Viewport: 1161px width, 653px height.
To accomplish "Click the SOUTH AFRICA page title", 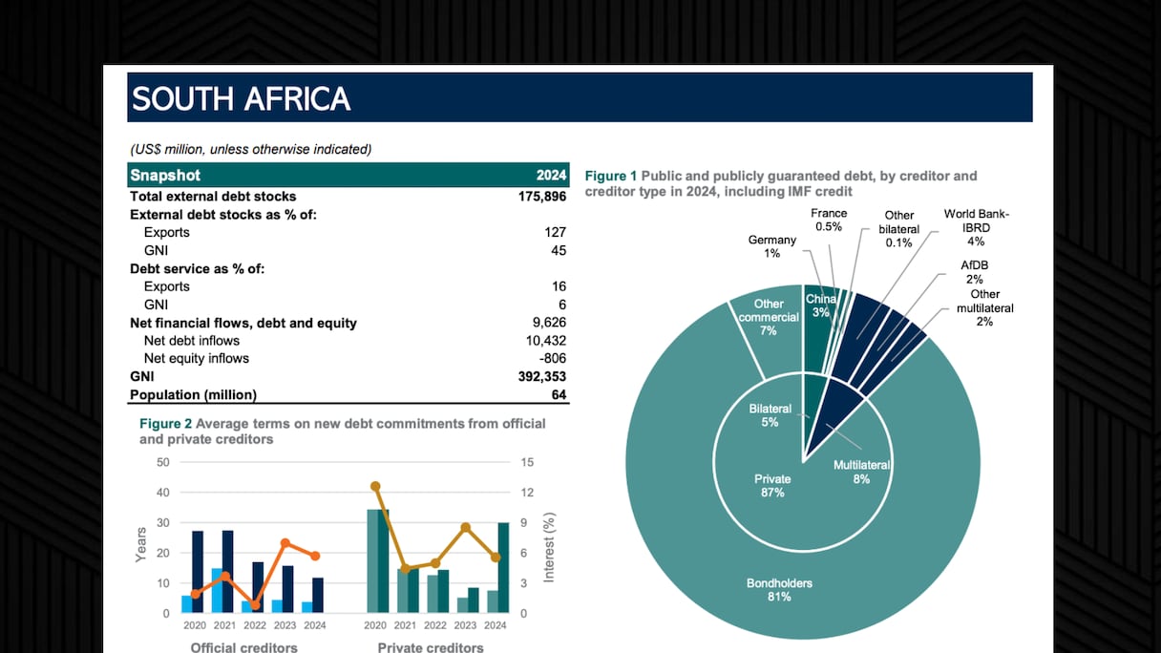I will [x=242, y=98].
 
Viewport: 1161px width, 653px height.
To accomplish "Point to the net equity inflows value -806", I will [x=551, y=359].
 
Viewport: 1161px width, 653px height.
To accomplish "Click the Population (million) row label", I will [x=194, y=395].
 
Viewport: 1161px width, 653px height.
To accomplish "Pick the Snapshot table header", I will [x=165, y=176].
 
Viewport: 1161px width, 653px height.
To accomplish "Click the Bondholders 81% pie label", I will [x=769, y=590].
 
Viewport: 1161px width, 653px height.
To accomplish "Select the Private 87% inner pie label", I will [x=771, y=486].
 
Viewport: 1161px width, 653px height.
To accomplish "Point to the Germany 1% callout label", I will [x=771, y=246].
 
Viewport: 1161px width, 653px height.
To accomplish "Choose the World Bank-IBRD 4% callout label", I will [x=976, y=227].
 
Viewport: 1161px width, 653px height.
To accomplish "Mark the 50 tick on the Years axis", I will [x=162, y=462].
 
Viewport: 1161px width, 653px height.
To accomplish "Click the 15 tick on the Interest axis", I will [x=527, y=462].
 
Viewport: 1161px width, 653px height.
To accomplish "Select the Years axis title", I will [x=141, y=544].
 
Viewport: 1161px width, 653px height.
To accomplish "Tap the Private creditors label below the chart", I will [x=430, y=647].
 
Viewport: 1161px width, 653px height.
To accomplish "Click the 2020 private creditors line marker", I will [x=375, y=486].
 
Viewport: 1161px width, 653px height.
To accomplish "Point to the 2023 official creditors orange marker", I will [x=285, y=542].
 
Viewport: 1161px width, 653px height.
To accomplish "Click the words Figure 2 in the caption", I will [x=165, y=423].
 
